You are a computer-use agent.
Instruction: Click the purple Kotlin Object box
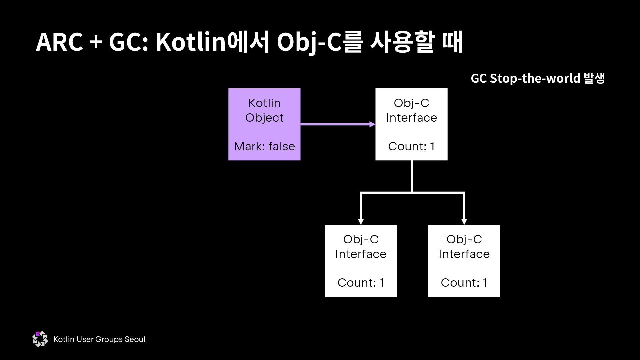click(x=264, y=124)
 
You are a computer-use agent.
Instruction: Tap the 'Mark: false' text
click(x=264, y=146)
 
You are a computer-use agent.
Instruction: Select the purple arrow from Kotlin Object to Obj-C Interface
click(x=337, y=125)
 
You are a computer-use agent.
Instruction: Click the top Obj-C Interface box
click(x=411, y=124)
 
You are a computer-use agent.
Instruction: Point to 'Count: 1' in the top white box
click(x=411, y=146)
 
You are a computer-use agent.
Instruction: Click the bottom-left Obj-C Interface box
click(x=361, y=261)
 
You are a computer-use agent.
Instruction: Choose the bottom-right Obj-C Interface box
click(x=464, y=261)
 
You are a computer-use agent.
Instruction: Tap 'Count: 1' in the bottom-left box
click(x=361, y=283)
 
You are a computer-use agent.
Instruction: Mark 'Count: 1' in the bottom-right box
click(x=464, y=283)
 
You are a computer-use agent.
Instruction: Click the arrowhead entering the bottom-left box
click(x=361, y=221)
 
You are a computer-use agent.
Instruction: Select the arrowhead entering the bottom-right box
click(x=464, y=221)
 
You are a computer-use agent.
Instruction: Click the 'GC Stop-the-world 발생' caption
click(x=538, y=78)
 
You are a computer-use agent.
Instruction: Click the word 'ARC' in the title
click(x=59, y=42)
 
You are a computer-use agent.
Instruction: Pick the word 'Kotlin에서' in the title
click(x=212, y=42)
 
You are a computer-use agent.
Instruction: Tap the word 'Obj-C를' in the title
click(x=319, y=42)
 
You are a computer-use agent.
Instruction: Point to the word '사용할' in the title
click(x=402, y=42)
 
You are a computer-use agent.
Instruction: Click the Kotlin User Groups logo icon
click(x=40, y=339)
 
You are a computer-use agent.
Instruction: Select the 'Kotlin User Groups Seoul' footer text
click(x=99, y=339)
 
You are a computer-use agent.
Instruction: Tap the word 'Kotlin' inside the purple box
click(x=264, y=103)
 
